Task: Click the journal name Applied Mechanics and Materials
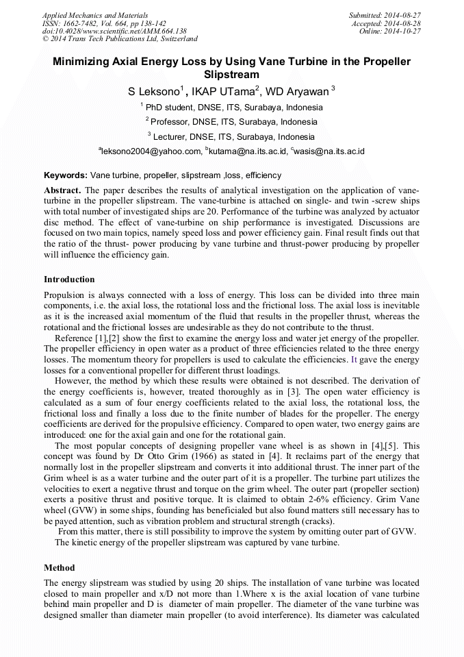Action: click(94, 14)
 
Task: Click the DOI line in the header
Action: click(114, 31)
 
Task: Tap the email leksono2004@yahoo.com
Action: click(152, 151)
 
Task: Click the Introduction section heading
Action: click(69, 280)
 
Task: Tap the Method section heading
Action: click(60, 568)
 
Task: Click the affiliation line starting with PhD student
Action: click(233, 108)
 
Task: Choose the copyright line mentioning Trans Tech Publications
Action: click(120, 39)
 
